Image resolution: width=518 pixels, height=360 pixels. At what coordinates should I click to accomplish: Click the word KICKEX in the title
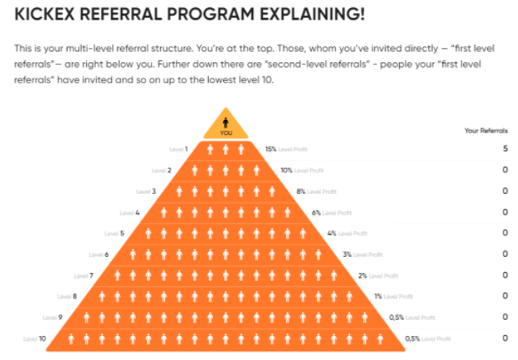pyautogui.click(x=44, y=14)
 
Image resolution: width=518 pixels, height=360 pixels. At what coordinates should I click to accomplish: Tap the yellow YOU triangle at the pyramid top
pyautogui.click(x=226, y=125)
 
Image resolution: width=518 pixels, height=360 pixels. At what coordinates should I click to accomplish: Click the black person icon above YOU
pyautogui.click(x=226, y=123)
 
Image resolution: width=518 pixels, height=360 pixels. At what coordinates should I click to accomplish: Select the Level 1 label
pyautogui.click(x=179, y=149)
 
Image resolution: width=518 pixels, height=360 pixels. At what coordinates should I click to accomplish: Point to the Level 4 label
pyautogui.click(x=130, y=212)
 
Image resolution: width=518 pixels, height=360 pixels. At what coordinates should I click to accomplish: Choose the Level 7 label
pyautogui.click(x=84, y=276)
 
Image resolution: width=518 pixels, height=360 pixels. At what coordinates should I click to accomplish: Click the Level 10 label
pyautogui.click(x=35, y=339)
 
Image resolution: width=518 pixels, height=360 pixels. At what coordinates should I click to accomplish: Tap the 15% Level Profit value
pyautogui.click(x=286, y=149)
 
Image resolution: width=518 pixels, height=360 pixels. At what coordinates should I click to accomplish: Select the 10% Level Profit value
pyautogui.click(x=302, y=171)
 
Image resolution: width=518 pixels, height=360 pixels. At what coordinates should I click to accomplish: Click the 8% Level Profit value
pyautogui.click(x=316, y=191)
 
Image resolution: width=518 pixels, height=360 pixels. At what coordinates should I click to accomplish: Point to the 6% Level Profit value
pyautogui.click(x=331, y=212)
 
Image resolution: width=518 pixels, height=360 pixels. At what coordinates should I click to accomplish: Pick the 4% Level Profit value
pyautogui.click(x=347, y=234)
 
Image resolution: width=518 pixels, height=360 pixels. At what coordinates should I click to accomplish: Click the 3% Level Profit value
pyautogui.click(x=363, y=254)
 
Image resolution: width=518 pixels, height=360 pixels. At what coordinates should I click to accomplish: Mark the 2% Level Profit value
pyautogui.click(x=379, y=276)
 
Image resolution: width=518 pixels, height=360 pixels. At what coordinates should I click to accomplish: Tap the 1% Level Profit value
pyautogui.click(x=394, y=297)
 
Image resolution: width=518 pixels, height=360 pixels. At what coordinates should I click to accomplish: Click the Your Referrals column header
pyautogui.click(x=486, y=131)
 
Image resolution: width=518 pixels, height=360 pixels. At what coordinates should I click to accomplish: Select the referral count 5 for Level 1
pyautogui.click(x=505, y=148)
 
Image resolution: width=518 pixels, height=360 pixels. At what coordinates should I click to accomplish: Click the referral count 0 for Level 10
pyautogui.click(x=505, y=338)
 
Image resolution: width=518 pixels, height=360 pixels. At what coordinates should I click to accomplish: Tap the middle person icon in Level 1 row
pyautogui.click(x=226, y=149)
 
